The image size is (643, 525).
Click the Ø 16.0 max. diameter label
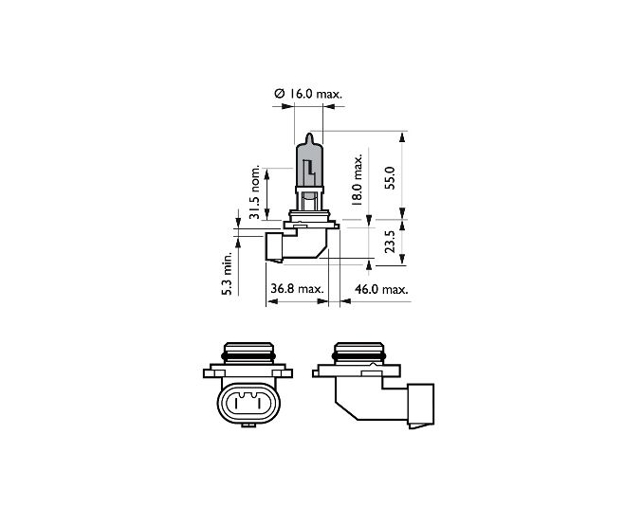coord(308,94)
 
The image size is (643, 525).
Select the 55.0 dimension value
coord(390,178)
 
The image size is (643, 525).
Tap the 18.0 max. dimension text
coord(357,179)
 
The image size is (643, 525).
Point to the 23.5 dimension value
coord(390,242)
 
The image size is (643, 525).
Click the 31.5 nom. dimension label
coord(255,192)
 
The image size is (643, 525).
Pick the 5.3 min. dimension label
coord(227,273)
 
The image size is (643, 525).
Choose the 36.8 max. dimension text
coord(297,289)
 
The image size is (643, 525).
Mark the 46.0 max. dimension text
coord(381,289)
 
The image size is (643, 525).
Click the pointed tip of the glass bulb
coord(310,134)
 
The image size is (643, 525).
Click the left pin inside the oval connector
coord(236,404)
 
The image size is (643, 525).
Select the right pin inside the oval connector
coord(259,404)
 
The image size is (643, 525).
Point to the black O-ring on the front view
coord(248,357)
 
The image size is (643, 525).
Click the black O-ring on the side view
coord(359,357)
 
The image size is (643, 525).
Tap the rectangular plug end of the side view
coord(420,405)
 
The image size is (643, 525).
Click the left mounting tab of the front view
coord(214,373)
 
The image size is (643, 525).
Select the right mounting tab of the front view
coord(282,373)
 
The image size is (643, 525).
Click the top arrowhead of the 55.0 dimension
coord(402,137)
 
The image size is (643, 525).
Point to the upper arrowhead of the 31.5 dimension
coord(266,173)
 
